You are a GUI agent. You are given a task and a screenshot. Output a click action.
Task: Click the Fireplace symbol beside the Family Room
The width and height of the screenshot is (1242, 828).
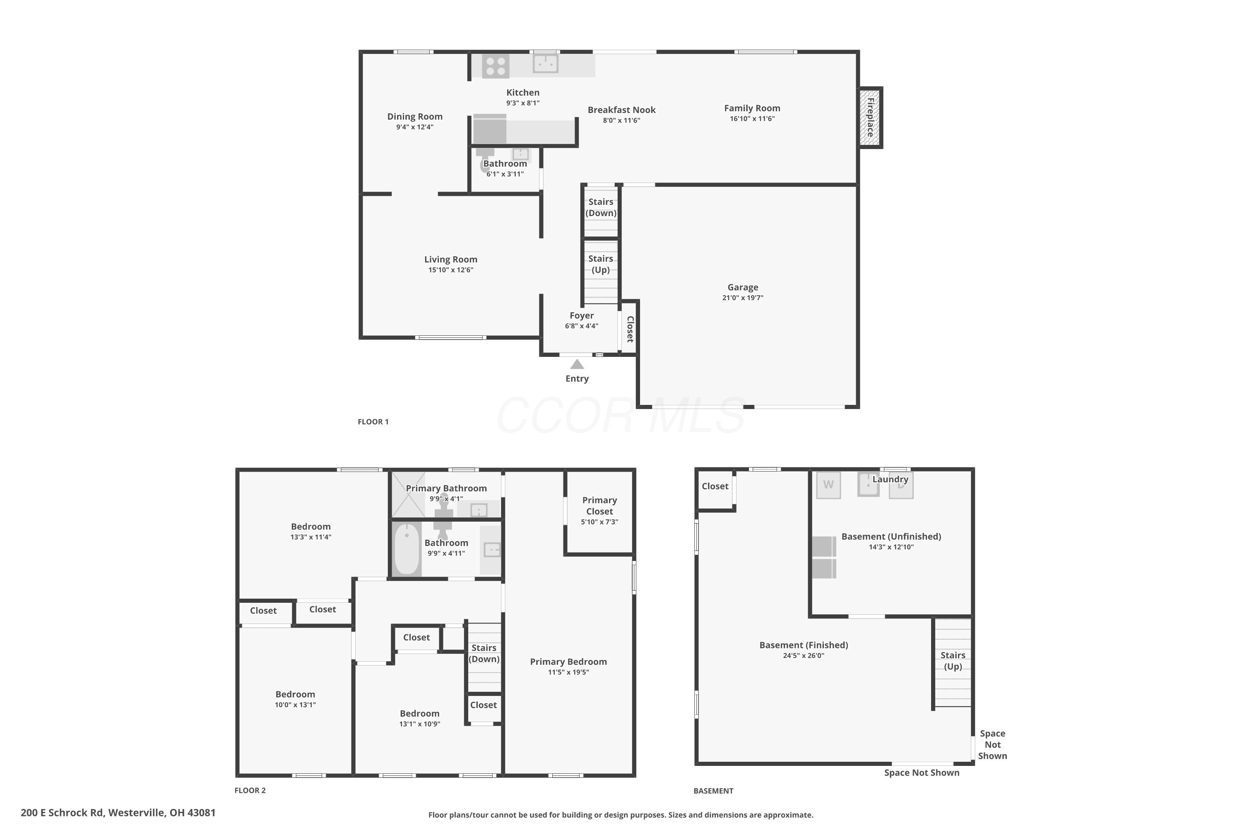click(870, 117)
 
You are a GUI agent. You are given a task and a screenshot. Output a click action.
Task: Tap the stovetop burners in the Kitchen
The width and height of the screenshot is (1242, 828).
click(495, 66)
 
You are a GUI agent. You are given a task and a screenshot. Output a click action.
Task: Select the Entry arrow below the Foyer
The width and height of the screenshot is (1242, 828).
click(577, 364)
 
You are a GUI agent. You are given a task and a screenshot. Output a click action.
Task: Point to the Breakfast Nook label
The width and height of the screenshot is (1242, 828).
click(621, 110)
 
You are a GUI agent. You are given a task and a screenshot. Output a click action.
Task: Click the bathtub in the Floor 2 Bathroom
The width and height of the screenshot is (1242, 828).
click(407, 549)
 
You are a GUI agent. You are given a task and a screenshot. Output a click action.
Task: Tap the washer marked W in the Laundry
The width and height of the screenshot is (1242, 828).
click(828, 485)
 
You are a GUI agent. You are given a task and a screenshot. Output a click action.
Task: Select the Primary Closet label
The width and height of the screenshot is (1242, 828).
click(599, 506)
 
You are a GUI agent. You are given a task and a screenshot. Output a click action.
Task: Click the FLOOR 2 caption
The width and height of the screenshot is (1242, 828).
click(250, 790)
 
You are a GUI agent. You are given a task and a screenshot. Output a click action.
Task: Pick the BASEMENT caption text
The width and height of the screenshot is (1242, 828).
click(713, 791)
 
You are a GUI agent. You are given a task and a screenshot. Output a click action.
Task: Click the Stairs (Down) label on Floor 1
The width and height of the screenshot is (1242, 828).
click(601, 207)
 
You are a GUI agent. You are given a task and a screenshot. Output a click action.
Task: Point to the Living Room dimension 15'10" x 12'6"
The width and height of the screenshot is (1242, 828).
click(450, 270)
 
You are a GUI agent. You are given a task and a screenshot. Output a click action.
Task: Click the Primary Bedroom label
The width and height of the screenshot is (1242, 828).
click(568, 662)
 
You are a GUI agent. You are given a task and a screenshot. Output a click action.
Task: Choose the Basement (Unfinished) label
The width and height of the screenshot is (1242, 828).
click(891, 537)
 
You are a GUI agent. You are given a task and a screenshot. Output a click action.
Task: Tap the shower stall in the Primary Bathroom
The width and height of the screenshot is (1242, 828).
click(408, 495)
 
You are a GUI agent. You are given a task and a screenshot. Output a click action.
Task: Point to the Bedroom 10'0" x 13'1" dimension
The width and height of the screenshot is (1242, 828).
click(295, 705)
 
